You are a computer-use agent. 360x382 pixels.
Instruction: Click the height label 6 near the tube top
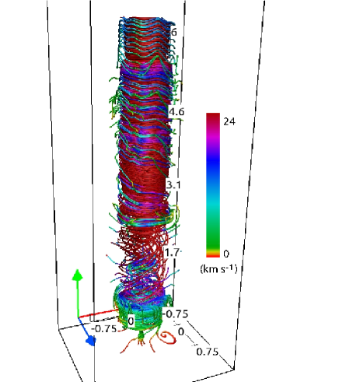(173, 32)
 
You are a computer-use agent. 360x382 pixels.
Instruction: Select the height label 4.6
(177, 112)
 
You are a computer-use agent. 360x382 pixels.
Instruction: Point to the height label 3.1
(173, 185)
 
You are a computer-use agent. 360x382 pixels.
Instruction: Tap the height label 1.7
(172, 252)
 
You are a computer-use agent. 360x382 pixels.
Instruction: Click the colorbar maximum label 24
(229, 121)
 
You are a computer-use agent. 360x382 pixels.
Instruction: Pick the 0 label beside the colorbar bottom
(226, 254)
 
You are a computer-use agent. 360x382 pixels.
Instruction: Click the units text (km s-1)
(218, 269)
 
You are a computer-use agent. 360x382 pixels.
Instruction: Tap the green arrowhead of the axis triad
(77, 275)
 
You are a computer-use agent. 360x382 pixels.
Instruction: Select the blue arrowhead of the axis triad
(91, 340)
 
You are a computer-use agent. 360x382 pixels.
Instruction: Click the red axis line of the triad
(98, 314)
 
